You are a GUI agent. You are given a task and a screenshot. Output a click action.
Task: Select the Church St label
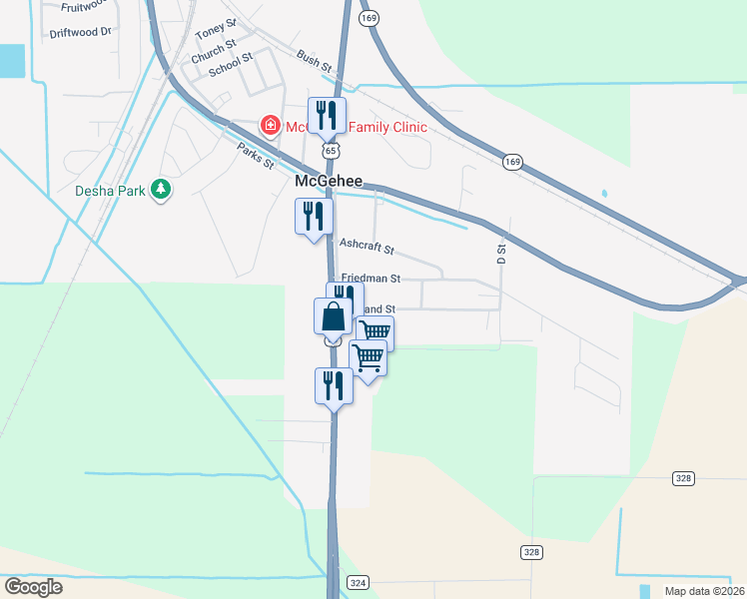214,51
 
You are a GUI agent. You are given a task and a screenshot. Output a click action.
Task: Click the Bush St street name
314,61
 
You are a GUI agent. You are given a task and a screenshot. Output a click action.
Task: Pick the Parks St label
256,156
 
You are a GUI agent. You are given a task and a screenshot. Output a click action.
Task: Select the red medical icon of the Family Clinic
270,127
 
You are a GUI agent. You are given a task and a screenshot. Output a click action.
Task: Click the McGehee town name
328,183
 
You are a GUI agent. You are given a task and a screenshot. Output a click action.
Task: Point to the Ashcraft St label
367,245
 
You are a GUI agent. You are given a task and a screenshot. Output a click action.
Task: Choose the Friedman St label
371,279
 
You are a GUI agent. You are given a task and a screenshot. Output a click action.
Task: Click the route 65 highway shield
330,149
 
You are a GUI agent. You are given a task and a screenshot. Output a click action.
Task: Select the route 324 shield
358,581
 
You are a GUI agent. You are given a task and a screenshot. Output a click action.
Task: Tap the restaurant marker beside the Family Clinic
326,116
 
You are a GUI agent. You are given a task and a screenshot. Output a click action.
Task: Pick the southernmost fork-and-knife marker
334,384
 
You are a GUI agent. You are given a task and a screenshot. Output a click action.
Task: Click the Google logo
33,587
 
